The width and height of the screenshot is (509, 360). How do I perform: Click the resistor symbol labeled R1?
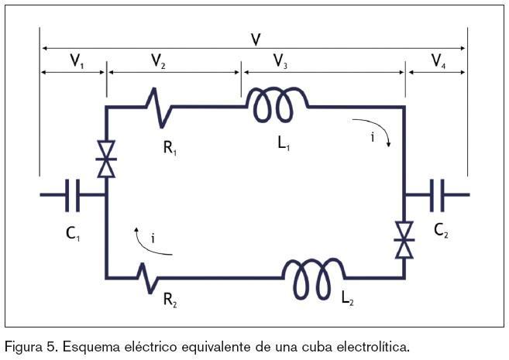pyautogui.click(x=160, y=107)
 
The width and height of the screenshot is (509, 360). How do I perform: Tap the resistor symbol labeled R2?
pyautogui.click(x=148, y=275)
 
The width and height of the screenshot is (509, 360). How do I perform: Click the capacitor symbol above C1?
pyautogui.click(x=74, y=194)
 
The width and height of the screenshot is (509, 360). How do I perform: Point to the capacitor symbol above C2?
pyautogui.click(x=437, y=194)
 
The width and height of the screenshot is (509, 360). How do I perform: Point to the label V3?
pyautogui.click(x=280, y=62)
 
